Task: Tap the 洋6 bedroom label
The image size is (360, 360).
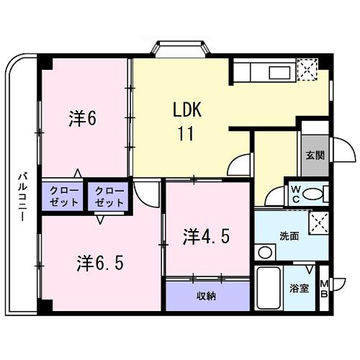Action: coord(83,117)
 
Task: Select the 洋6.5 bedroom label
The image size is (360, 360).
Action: coord(101,263)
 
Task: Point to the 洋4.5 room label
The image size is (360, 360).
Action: coord(206,235)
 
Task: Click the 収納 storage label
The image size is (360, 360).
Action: coord(206,296)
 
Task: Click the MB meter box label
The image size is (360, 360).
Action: coord(324,289)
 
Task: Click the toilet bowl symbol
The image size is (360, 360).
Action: coord(309,194)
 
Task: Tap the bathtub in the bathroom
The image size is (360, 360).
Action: coord(267,289)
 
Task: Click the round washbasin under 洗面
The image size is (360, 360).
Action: coord(265,252)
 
